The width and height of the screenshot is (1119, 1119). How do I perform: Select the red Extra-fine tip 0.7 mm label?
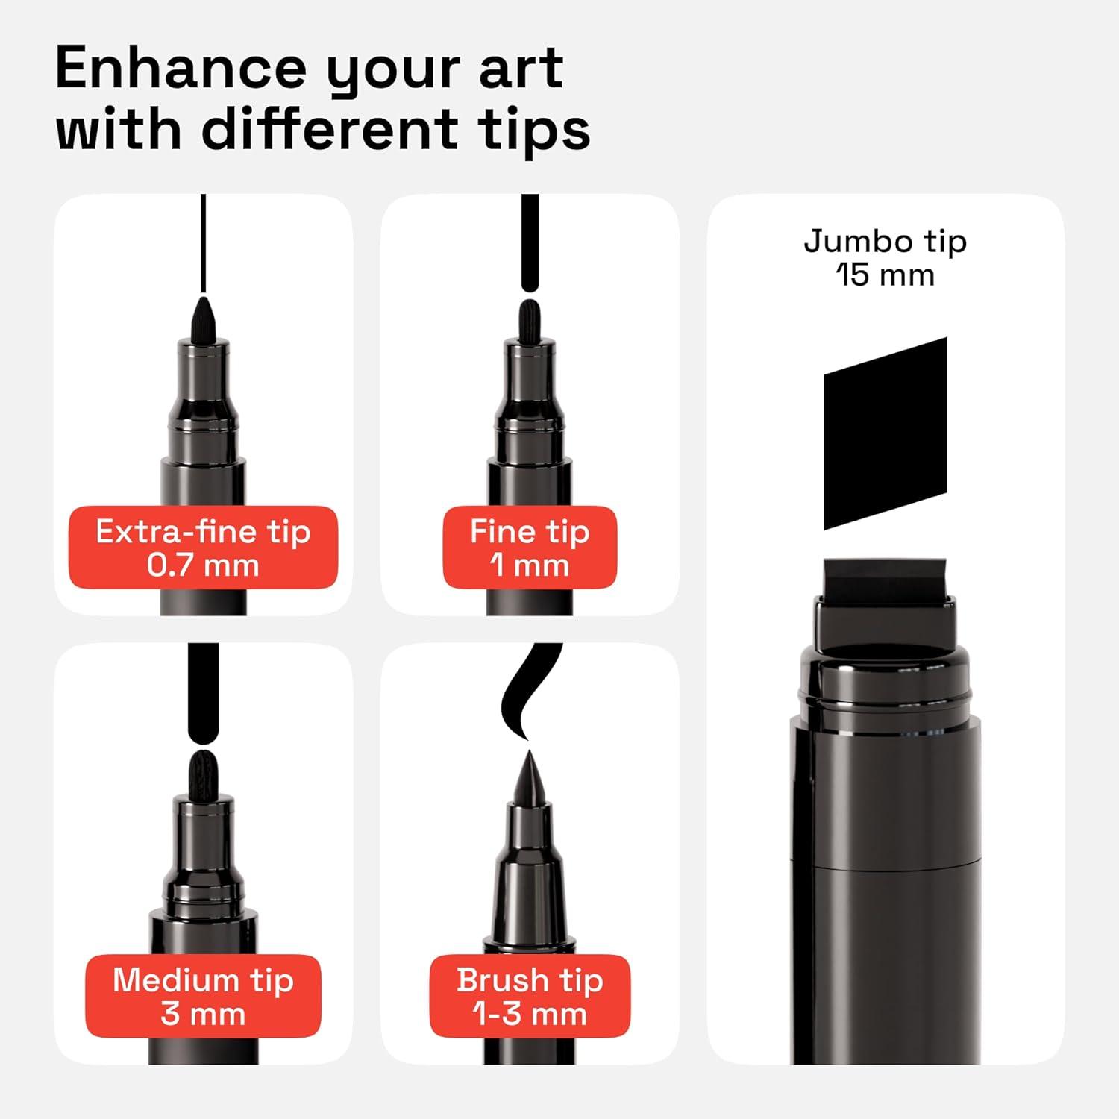(203, 548)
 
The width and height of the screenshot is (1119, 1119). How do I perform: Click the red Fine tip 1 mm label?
(530, 548)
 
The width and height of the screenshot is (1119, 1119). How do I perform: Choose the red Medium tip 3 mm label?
(203, 996)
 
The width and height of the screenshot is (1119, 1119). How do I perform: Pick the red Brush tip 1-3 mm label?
(530, 996)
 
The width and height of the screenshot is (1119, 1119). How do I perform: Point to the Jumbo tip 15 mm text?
(885, 257)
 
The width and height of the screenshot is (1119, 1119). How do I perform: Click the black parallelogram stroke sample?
(886, 434)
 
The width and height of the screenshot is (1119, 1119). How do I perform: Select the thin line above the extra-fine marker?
(203, 242)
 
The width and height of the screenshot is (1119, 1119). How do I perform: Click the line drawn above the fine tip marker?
(530, 242)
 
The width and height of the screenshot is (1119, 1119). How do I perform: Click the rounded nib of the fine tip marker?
(530, 319)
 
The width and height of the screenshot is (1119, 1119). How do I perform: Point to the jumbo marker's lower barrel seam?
(886, 865)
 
